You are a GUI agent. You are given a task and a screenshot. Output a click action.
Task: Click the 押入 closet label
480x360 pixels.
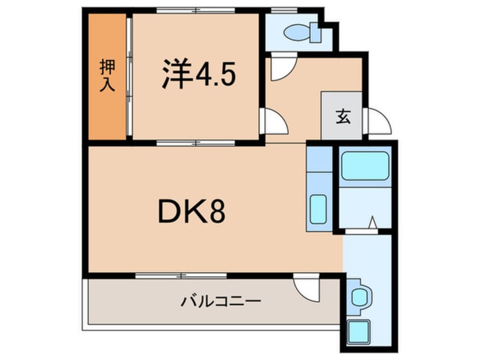[107, 76]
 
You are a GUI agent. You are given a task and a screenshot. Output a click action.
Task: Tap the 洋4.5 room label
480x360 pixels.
[198, 74]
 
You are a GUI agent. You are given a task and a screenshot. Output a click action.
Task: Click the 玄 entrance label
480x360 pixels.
[342, 117]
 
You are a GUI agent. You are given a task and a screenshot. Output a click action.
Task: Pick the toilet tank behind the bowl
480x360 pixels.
[315, 34]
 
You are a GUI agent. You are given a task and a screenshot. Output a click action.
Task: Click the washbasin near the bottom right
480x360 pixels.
[359, 297]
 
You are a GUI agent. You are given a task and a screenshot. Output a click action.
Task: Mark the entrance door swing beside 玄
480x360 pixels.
[378, 121]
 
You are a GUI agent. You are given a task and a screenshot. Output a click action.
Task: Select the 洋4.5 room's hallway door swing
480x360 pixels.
[274, 122]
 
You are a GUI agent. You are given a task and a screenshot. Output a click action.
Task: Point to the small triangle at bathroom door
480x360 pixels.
[373, 223]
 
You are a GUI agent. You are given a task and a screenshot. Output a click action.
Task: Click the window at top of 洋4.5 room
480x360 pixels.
[196, 10]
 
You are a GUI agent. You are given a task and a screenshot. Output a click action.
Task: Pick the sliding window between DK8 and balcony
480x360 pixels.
[181, 275]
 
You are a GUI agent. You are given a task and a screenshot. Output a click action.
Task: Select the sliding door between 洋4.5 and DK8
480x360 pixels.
[196, 143]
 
